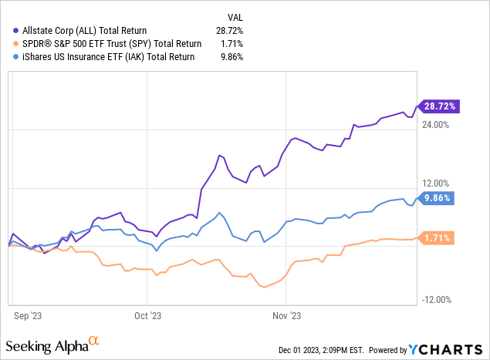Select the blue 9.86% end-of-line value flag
coord(438,197)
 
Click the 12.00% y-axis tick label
coord(436,183)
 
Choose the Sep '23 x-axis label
coord(28,315)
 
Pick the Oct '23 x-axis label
coord(148,315)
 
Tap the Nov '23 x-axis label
coord(286,315)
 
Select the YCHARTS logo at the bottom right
coord(453,349)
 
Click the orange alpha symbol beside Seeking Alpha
coord(94,340)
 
